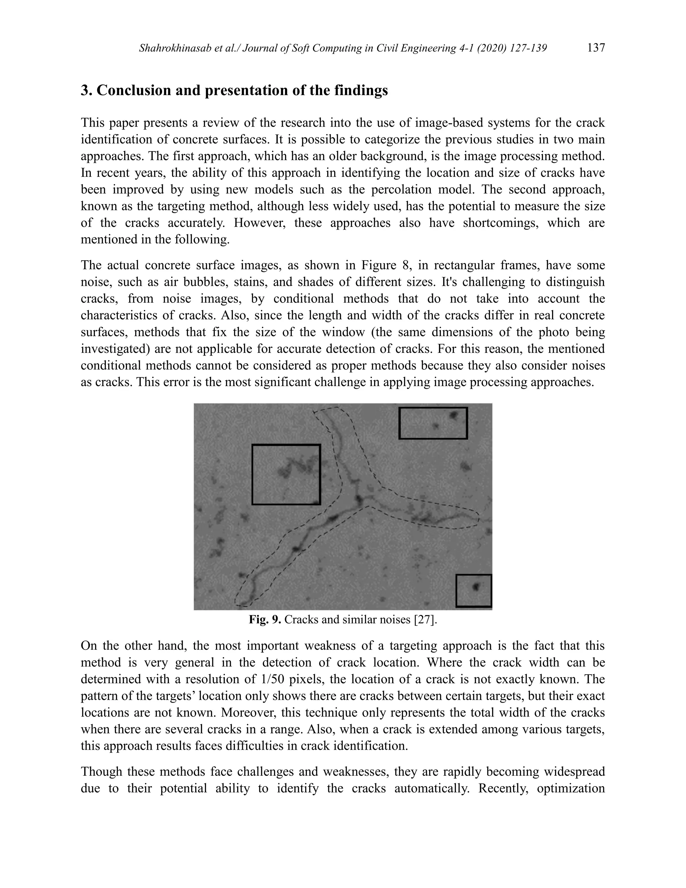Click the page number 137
point(596,48)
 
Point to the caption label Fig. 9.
point(265,620)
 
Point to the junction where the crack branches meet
point(359,500)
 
